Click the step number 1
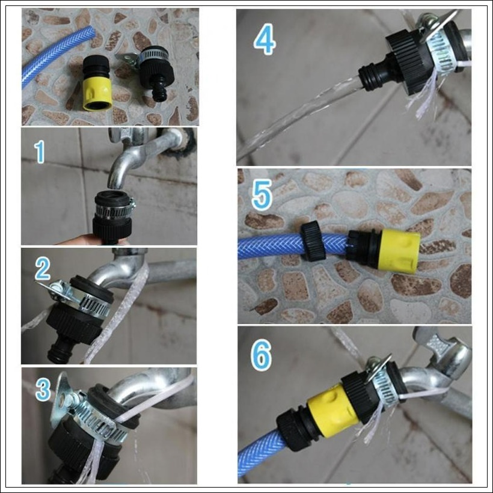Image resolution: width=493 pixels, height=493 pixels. tap(40, 152)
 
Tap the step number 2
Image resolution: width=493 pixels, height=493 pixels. tap(43, 269)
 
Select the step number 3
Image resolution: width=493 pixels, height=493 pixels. tap(43, 389)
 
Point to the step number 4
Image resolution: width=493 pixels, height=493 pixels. tap(265, 41)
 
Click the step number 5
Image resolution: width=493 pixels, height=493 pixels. tap(262, 195)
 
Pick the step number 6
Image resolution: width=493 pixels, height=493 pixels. tap(261, 355)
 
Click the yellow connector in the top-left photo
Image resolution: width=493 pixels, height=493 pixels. tap(97, 92)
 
